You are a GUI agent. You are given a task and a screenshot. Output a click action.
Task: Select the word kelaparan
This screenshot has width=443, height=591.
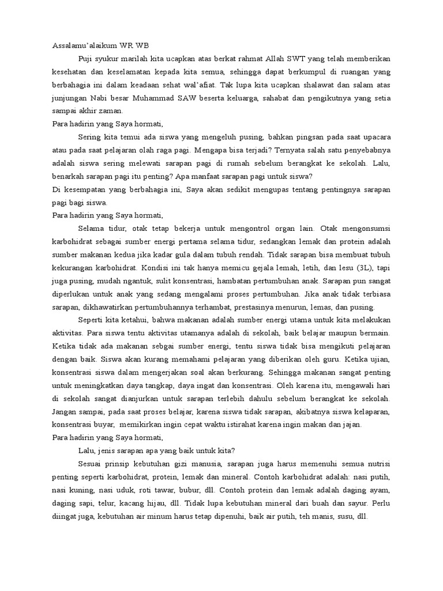(x=372, y=412)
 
